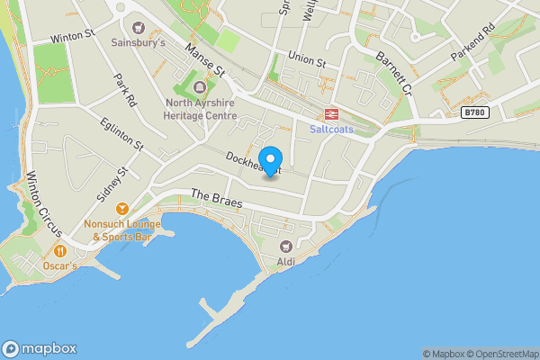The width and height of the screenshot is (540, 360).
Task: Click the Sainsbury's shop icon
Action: [138, 26]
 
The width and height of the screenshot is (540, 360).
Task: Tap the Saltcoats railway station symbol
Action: [331, 113]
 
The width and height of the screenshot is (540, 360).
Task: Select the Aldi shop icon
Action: [286, 246]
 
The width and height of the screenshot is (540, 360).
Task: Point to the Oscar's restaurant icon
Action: [59, 251]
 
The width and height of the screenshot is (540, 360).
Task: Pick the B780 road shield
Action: [476, 112]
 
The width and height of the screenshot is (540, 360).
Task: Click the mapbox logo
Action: [40, 348]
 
